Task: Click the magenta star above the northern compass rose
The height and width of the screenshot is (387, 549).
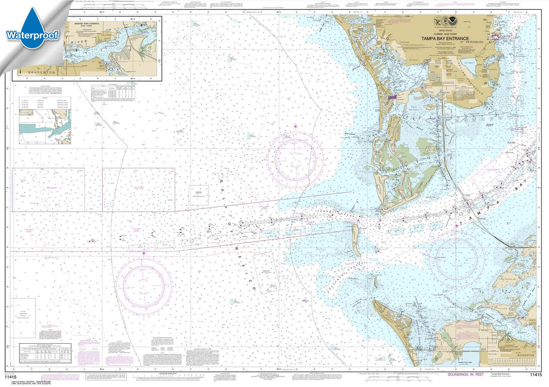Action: (295, 126)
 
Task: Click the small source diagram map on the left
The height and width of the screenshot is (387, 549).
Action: (45, 126)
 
